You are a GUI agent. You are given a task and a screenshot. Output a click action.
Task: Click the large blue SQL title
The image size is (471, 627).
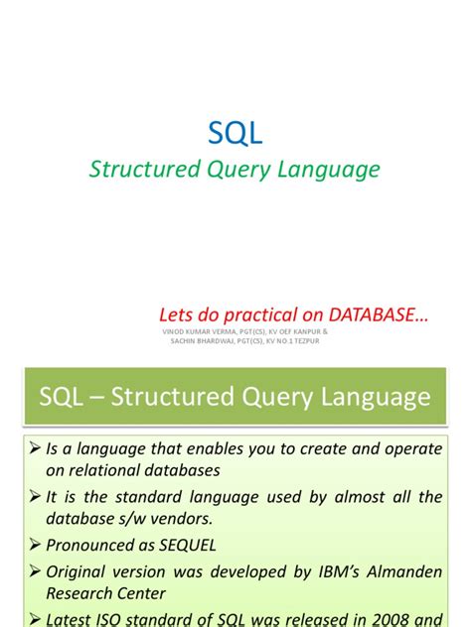tap(235, 132)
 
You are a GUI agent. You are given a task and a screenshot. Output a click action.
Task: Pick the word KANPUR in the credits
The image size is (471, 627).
tap(303, 330)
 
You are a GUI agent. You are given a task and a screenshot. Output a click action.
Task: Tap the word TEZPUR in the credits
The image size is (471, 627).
tap(308, 341)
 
